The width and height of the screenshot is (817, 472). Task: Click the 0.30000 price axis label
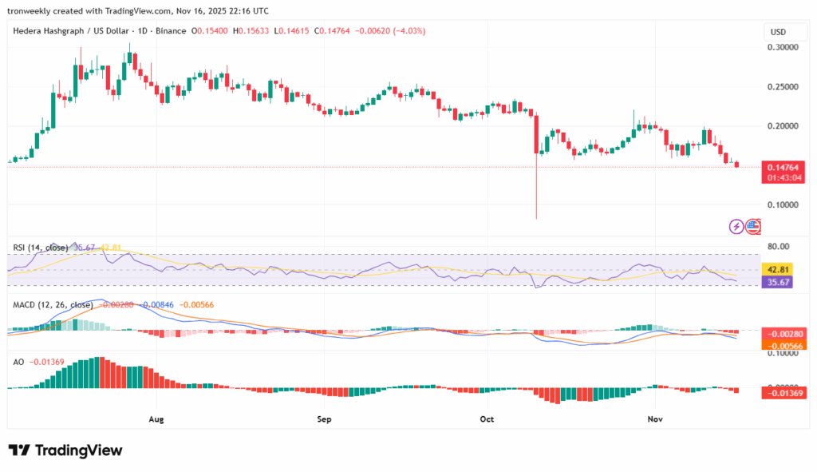tap(783, 48)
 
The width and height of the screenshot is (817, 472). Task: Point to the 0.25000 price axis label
tap(783, 87)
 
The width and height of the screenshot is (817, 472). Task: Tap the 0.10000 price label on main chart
tap(783, 204)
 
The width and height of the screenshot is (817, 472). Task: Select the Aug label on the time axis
tap(156, 418)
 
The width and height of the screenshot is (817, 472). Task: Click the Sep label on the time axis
tap(323, 418)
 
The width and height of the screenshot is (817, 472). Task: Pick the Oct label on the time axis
tap(487, 418)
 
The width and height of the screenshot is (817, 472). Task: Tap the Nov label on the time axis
tap(655, 418)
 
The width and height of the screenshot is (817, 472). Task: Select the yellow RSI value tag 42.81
tap(778, 270)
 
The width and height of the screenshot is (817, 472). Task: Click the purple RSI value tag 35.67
tap(778, 282)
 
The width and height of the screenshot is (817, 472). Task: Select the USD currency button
tap(777, 32)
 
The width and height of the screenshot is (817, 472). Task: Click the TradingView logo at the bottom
tap(65, 450)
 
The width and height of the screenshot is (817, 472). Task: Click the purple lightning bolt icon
tap(736, 227)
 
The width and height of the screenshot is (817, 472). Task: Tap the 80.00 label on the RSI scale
tap(779, 246)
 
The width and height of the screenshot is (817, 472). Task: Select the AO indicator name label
tap(18, 362)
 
